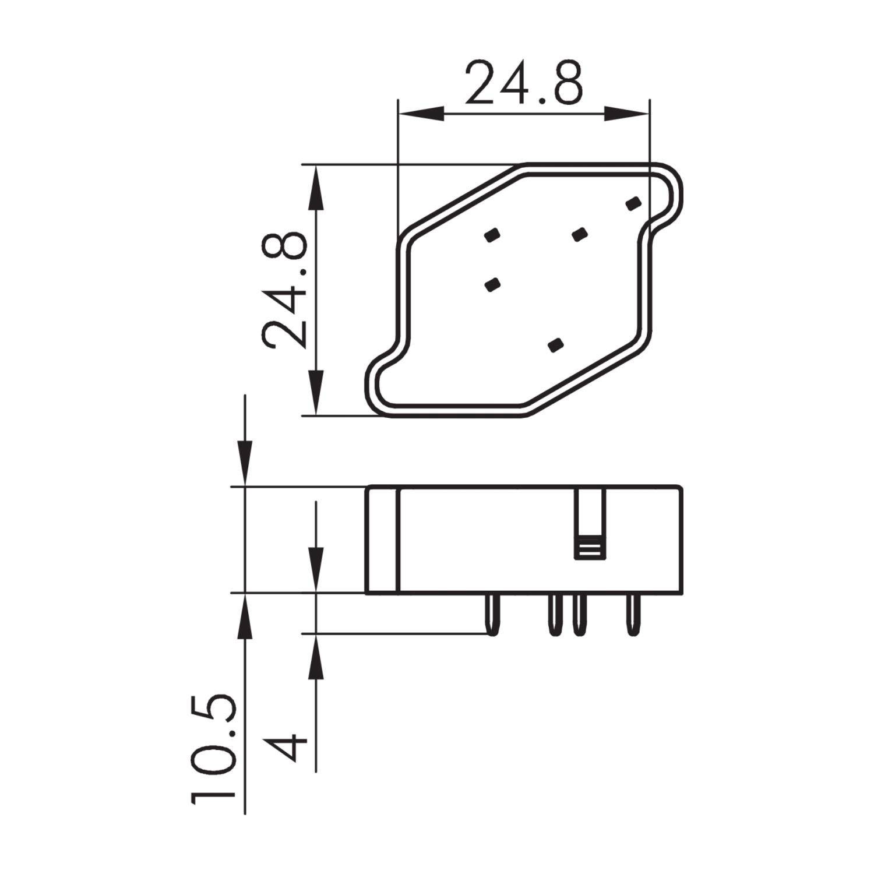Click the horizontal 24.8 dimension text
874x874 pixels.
(x=523, y=83)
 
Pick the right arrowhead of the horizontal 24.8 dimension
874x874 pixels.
(x=627, y=114)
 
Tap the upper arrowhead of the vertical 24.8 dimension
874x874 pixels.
(x=315, y=186)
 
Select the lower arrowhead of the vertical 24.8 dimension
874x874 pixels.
(x=315, y=393)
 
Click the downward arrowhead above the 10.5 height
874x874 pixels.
(x=245, y=463)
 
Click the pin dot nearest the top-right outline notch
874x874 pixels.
(x=633, y=203)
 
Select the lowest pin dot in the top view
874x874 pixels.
(x=556, y=345)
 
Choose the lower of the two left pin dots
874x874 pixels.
(x=492, y=284)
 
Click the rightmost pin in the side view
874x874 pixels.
(x=632, y=614)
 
